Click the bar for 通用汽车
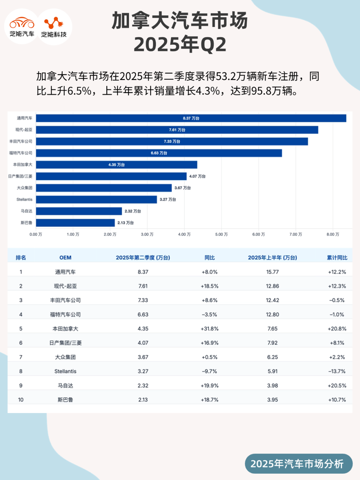tap(191, 118)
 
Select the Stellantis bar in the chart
tap(96, 200)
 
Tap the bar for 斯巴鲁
tap(75, 223)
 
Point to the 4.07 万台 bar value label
tap(197, 176)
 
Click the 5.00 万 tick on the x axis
tap(221, 234)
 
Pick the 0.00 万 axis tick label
tap(36, 234)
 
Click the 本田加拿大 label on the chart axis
tap(23, 165)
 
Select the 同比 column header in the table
tap(210, 258)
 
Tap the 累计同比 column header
tap(337, 258)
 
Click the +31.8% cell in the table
tap(210, 329)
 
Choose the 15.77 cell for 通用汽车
tap(272, 272)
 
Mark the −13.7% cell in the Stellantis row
tap(337, 371)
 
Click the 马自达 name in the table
tap(65, 386)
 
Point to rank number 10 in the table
tap(21, 400)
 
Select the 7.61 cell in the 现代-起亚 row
tap(143, 286)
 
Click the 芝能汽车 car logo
tap(22, 26)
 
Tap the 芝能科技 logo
tap(54, 27)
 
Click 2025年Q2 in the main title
tap(180, 45)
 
